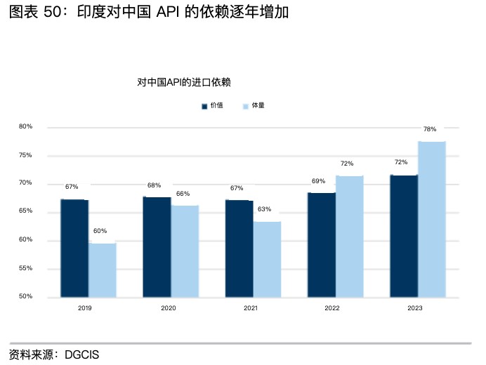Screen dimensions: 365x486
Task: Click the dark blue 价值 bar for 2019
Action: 74,248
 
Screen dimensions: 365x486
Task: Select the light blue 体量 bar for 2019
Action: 103,270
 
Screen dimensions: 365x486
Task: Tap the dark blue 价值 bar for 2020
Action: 157,246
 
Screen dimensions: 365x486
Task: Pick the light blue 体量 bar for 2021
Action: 267,259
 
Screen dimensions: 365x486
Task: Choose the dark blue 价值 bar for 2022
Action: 322,244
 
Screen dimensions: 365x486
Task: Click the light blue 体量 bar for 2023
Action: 432,219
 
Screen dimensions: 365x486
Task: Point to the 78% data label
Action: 430,129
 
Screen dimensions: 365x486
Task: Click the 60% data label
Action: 100,231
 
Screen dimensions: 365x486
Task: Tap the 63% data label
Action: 265,209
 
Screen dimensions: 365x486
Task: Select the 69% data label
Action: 318,181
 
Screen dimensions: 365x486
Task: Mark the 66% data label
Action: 183,193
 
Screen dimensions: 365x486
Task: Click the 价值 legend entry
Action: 213,106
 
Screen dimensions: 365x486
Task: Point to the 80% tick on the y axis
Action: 26,126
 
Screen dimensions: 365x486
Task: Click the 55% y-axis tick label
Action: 26,269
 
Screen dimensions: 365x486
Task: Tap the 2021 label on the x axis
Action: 250,308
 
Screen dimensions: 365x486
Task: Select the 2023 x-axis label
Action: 415,308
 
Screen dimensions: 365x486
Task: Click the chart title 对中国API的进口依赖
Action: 184,83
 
